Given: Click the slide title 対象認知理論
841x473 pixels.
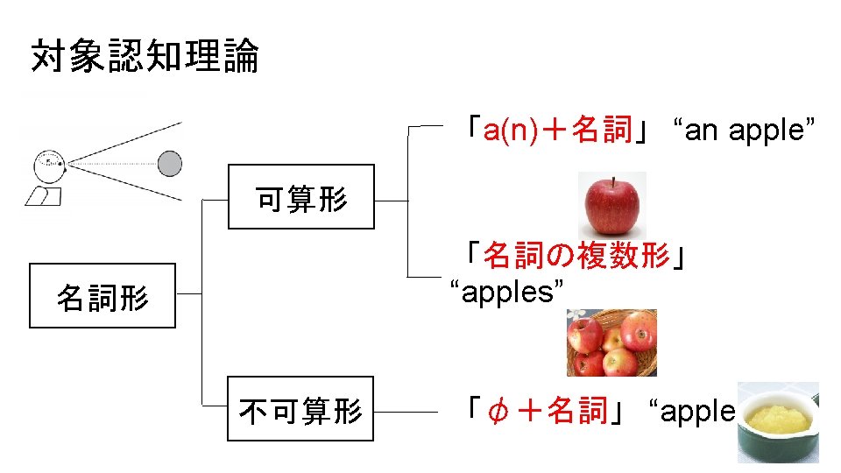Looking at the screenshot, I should pos(145,57).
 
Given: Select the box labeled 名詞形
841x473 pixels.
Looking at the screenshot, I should pos(102,296).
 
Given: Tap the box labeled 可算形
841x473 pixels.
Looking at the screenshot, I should pos(300,197).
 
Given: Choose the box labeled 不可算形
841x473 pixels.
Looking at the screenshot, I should pos(300,409).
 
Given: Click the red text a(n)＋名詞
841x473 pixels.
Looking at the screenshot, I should pos(557,131).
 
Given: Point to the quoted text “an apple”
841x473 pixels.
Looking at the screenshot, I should pos(744,131).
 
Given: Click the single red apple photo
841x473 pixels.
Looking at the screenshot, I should pos(612,205).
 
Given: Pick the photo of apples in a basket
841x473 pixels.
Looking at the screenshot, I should pos(611,342).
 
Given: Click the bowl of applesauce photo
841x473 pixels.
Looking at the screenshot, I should pos(777,422).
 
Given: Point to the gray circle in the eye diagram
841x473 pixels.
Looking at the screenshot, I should pos(169,163).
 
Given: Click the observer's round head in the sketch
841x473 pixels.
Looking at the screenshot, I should pos(49,165).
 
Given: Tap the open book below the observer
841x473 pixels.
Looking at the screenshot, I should pos(43,196).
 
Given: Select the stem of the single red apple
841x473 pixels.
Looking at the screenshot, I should pos(612,180).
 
